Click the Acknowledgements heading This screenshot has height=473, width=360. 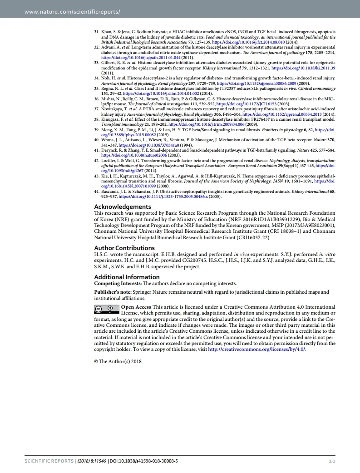click(122, 207)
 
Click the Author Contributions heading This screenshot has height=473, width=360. click(124, 248)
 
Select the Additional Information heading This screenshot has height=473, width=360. click(127, 277)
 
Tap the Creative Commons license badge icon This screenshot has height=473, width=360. click(106, 310)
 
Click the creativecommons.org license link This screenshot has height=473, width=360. click(257, 349)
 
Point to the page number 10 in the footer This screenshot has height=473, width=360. click(331, 461)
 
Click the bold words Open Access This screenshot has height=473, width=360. click(136, 307)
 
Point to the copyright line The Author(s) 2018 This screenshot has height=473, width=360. click(118, 361)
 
